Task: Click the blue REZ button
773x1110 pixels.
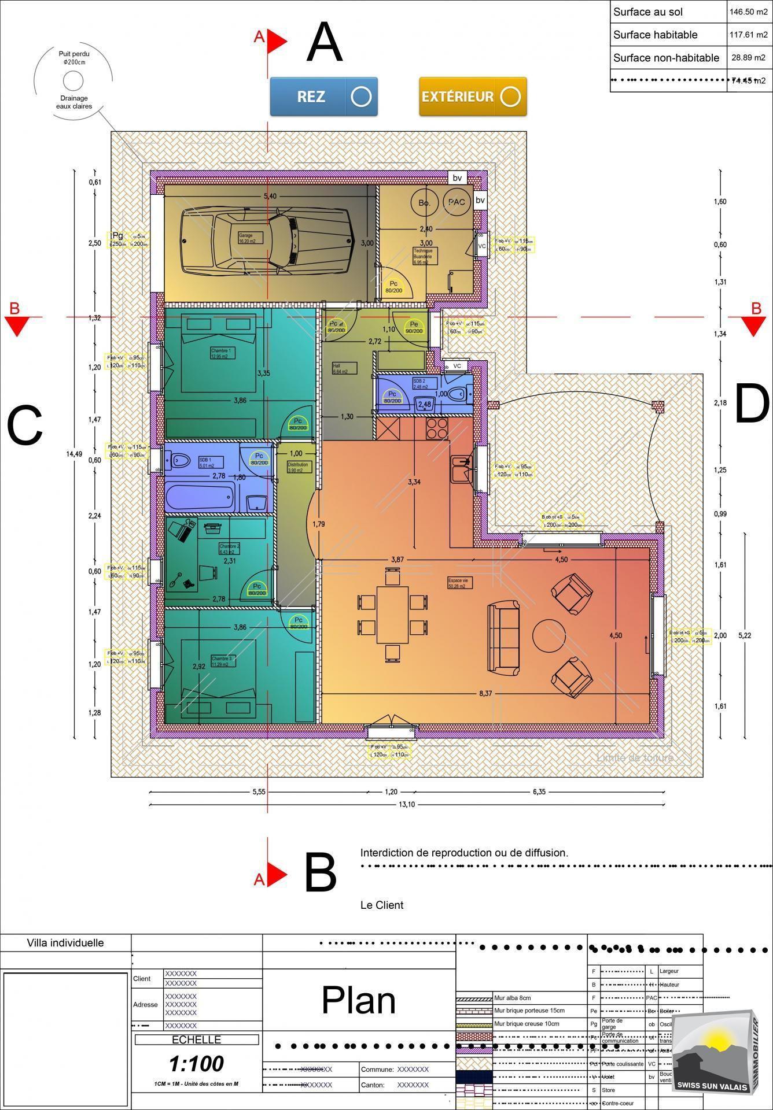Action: pyautogui.click(x=323, y=97)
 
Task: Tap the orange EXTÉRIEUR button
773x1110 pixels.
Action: pyautogui.click(x=473, y=97)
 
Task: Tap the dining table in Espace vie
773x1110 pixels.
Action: pyautogui.click(x=393, y=615)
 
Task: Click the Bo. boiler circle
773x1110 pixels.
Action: pyautogui.click(x=425, y=203)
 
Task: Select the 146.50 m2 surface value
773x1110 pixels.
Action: pyautogui.click(x=749, y=12)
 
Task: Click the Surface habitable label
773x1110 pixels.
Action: pyautogui.click(x=655, y=35)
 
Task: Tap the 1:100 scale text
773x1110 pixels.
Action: pyautogui.click(x=196, y=1064)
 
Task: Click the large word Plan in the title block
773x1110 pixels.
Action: pyautogui.click(x=359, y=1000)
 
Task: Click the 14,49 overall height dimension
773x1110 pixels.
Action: pyautogui.click(x=74, y=454)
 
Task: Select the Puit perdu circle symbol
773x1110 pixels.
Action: pyautogui.click(x=73, y=79)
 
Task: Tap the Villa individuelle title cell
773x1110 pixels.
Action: pyautogui.click(x=65, y=943)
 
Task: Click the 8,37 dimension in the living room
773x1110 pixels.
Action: pyautogui.click(x=485, y=694)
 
